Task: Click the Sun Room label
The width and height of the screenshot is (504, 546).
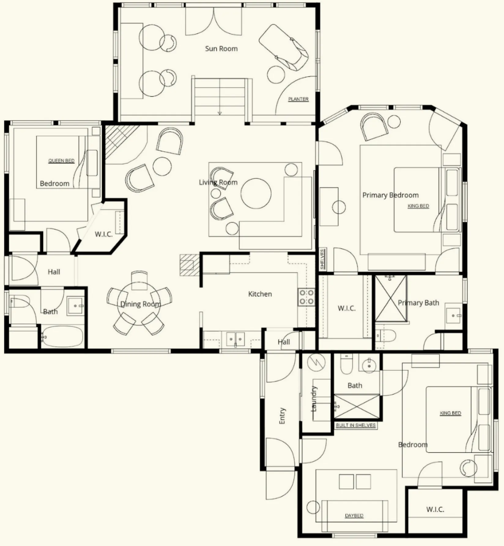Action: [x=221, y=49]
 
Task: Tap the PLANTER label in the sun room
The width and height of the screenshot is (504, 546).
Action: [x=298, y=99]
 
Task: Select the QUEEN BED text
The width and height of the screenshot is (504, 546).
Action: [x=61, y=161]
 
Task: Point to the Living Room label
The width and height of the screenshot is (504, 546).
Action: [x=218, y=182]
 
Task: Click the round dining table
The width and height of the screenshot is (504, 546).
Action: [x=139, y=304]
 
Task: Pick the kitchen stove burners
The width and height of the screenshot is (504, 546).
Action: [x=306, y=297]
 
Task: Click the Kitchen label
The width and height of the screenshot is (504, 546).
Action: [x=260, y=294]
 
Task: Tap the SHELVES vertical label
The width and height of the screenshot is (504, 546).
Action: [x=322, y=259]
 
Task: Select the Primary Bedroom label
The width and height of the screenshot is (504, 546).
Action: [x=390, y=195]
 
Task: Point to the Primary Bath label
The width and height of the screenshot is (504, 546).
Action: [x=418, y=303]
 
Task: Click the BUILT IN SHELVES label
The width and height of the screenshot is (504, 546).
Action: [x=356, y=425]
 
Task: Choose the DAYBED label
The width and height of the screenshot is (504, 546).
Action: [x=354, y=515]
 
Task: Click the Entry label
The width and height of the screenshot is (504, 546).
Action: [x=282, y=416]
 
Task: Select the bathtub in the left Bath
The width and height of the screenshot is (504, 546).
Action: [x=62, y=336]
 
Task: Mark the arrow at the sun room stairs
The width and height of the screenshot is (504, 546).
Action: [x=220, y=113]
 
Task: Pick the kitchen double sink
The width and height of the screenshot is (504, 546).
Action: [x=235, y=339]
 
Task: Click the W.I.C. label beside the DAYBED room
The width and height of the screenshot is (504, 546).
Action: [x=435, y=509]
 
